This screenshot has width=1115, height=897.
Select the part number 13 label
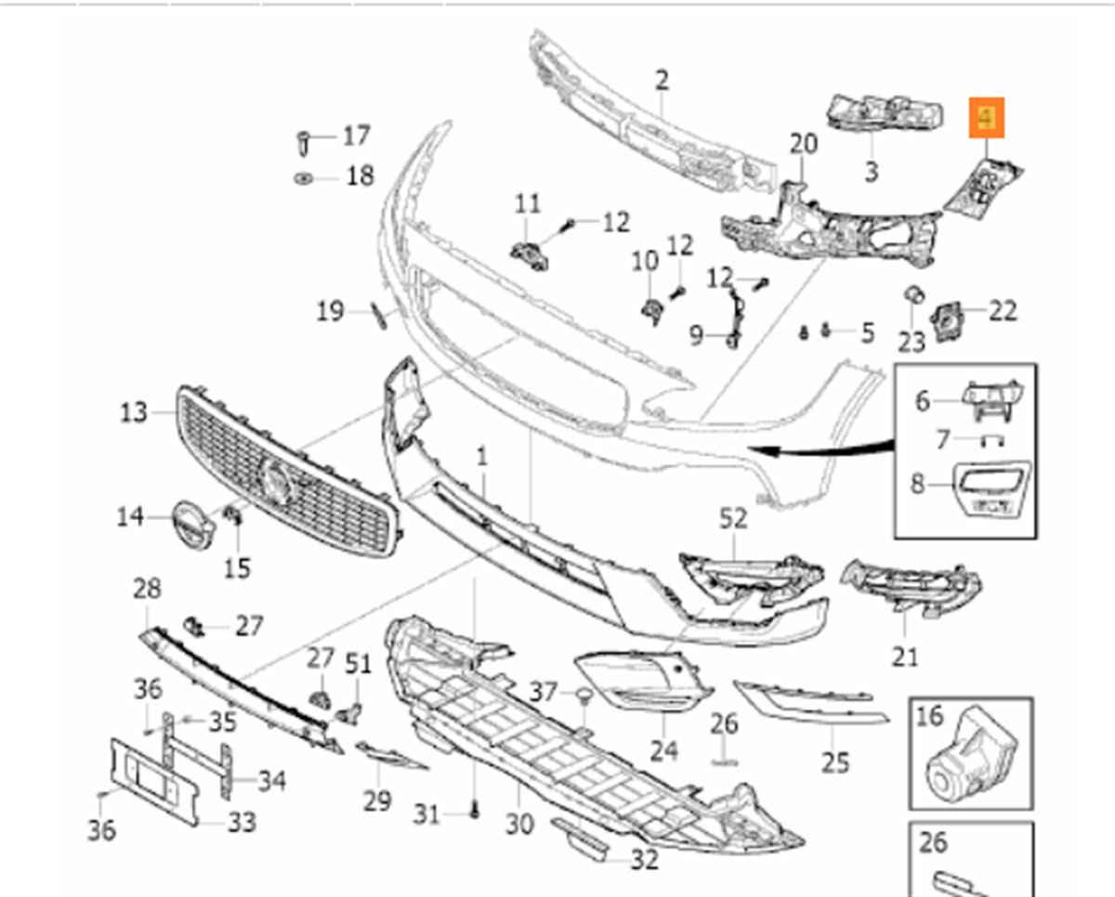[134, 411]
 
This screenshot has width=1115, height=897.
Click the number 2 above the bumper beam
[661, 80]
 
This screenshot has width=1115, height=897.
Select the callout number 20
[803, 144]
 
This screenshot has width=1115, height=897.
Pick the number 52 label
[733, 519]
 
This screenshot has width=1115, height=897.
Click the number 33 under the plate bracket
[243, 822]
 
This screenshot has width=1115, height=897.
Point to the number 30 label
[519, 824]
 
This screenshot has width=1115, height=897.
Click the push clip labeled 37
[584, 695]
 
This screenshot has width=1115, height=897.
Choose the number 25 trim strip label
[835, 762]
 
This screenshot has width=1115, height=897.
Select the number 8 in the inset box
[918, 484]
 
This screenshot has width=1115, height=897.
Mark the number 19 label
[330, 311]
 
